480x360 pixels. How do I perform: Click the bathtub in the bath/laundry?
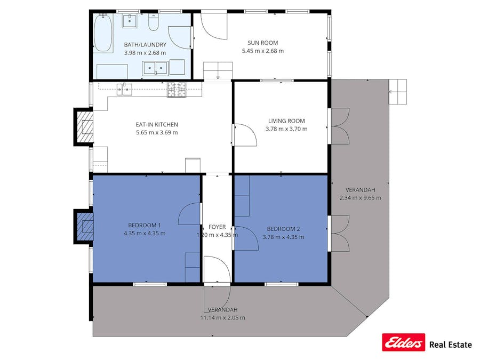(103, 33)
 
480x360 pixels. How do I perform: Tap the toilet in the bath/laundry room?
(154, 23)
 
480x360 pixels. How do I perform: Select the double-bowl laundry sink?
(155, 68)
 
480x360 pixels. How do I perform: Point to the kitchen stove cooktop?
(177, 90)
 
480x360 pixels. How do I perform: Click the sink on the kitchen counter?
(124, 89)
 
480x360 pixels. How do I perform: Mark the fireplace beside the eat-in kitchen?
(83, 126)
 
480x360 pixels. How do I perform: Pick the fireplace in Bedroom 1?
(83, 226)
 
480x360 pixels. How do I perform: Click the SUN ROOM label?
(262, 43)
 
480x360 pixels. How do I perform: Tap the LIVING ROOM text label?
(286, 121)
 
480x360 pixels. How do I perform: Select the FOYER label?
(217, 227)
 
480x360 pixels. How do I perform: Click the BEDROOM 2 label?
(283, 229)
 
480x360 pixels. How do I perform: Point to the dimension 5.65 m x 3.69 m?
(156, 132)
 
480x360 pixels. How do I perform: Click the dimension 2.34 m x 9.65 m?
(360, 197)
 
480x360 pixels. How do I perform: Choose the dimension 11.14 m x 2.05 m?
(222, 317)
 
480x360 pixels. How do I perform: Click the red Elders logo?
(403, 342)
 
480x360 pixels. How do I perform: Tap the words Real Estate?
(450, 345)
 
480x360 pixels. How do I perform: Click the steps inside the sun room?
(218, 70)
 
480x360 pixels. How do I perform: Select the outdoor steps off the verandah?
(397, 92)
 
